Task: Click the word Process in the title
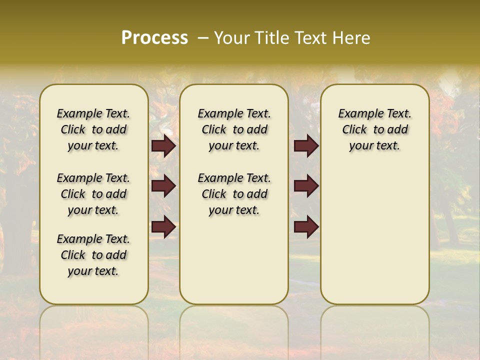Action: (x=154, y=38)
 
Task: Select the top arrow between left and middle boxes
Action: (x=163, y=146)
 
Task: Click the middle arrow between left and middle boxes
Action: (x=163, y=186)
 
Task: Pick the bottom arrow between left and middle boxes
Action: (x=163, y=226)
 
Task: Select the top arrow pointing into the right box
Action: (x=306, y=146)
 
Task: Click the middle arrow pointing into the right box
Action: (x=306, y=186)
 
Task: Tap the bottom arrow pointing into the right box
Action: (x=306, y=226)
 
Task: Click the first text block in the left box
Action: (x=93, y=129)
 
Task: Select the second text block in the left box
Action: (x=93, y=194)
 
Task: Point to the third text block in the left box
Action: (x=93, y=255)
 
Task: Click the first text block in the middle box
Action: (x=234, y=129)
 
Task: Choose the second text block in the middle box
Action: (x=234, y=194)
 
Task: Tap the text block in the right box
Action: (x=374, y=129)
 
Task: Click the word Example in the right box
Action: (x=356, y=114)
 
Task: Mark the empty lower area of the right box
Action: (x=374, y=235)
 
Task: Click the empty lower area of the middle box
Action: (x=234, y=260)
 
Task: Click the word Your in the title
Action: (x=231, y=38)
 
